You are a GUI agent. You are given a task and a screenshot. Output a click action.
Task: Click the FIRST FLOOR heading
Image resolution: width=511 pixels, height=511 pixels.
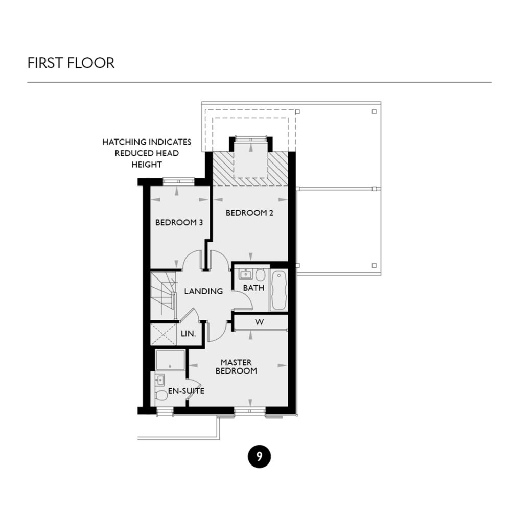click(71, 63)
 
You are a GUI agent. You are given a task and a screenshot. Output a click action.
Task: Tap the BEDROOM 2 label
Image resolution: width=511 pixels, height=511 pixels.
click(249, 213)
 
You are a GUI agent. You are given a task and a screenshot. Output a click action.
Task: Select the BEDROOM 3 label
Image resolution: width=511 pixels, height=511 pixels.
click(176, 223)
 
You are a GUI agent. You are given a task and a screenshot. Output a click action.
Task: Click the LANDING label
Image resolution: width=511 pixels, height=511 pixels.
click(203, 291)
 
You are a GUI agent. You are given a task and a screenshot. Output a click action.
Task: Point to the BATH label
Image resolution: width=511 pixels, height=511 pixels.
click(253, 288)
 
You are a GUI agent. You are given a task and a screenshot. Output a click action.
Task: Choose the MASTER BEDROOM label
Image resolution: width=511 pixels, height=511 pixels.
click(236, 366)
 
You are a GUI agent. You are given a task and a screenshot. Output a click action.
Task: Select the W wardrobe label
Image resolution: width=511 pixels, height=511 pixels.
click(259, 322)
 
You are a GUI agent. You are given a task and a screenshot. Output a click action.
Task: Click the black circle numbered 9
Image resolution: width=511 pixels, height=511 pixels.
click(259, 456)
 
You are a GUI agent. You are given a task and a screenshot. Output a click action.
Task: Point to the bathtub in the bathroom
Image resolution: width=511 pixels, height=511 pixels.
click(278, 290)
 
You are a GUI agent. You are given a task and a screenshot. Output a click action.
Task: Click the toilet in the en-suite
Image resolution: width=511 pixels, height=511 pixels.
click(161, 395)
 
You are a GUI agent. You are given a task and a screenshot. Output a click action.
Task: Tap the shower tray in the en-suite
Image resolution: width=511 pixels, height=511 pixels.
click(170, 360)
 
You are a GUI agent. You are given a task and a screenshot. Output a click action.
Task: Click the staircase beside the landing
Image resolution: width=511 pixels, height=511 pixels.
click(162, 295)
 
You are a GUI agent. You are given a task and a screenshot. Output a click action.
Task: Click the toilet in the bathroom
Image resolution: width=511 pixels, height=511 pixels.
click(260, 275)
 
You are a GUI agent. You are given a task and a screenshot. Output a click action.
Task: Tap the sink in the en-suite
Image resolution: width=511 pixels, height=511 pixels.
click(159, 380)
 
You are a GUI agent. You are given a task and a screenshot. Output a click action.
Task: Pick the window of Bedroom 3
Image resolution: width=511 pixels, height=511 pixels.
click(178, 180)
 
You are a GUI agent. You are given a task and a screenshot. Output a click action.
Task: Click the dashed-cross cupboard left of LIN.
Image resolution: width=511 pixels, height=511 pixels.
click(164, 334)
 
